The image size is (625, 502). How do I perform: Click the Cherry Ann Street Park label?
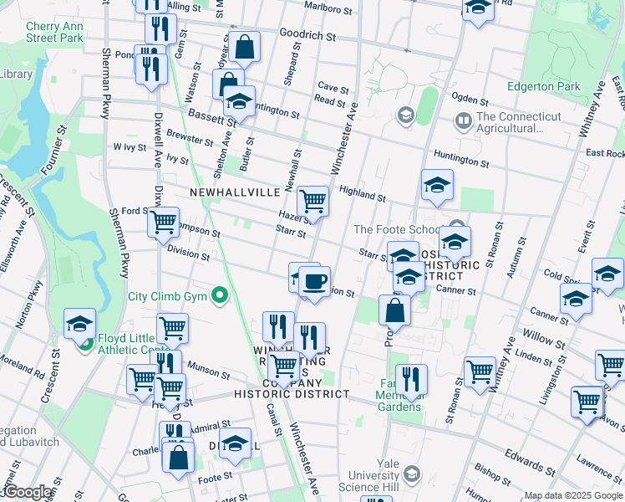(54, 32)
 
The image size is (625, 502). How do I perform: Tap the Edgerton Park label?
(543, 86)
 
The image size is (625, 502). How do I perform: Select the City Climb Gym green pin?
(219, 295)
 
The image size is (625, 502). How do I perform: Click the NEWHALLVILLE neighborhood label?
(234, 192)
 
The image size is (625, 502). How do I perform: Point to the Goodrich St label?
(307, 37)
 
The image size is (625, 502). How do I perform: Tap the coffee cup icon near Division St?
(314, 282)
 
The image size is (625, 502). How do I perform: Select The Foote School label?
(396, 229)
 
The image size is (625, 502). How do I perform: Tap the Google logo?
(27, 493)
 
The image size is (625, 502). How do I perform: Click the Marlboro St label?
(326, 9)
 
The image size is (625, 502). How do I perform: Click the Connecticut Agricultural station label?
(510, 122)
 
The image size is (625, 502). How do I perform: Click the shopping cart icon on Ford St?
(163, 223)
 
